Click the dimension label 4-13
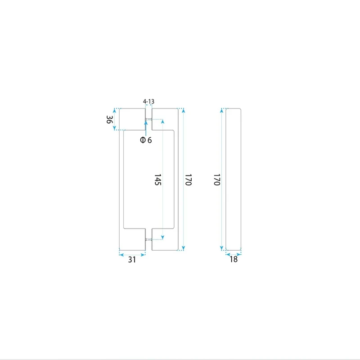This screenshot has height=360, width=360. tap(148, 101)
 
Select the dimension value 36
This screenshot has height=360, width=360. tap(109, 119)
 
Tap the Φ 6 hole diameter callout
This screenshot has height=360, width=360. tap(146, 140)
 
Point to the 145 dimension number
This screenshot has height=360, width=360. tap(157, 180)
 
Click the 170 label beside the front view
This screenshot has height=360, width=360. tap(188, 180)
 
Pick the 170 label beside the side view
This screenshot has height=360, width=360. tap(217, 180)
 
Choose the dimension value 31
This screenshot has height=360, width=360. tap(132, 260)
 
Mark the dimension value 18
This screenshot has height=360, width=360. tap(234, 259)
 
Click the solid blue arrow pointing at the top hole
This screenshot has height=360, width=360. tap(146, 128)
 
